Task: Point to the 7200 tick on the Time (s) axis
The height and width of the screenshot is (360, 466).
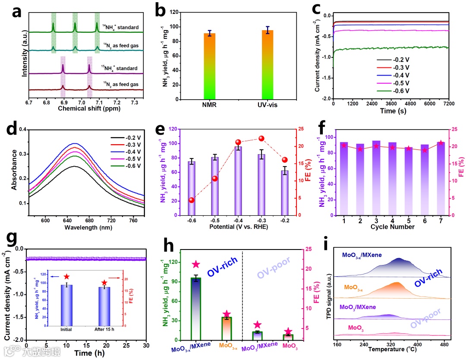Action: pyautogui.click(x=449, y=104)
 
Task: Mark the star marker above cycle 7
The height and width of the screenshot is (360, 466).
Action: pyautogui.click(x=439, y=142)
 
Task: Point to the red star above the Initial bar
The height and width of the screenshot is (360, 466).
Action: pyautogui.click(x=66, y=277)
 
